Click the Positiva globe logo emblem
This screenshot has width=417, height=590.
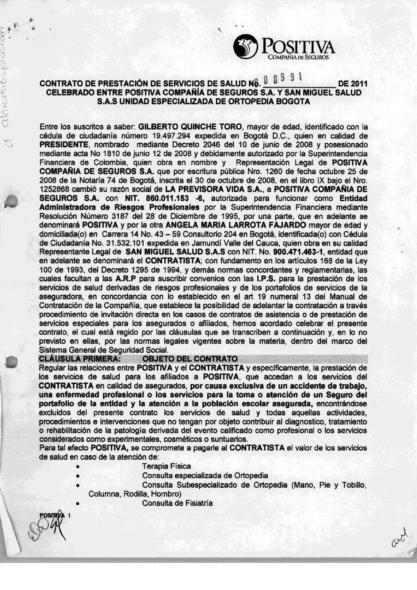tap(246, 46)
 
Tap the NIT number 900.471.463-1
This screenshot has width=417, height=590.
tap(299, 252)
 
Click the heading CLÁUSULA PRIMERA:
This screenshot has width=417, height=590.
tap(80, 359)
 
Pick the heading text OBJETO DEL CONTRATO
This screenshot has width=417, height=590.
tap(190, 359)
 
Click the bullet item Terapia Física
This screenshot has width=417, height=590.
tap(166, 466)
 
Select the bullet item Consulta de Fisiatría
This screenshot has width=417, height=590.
tap(177, 503)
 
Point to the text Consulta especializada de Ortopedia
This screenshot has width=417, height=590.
tap(205, 476)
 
